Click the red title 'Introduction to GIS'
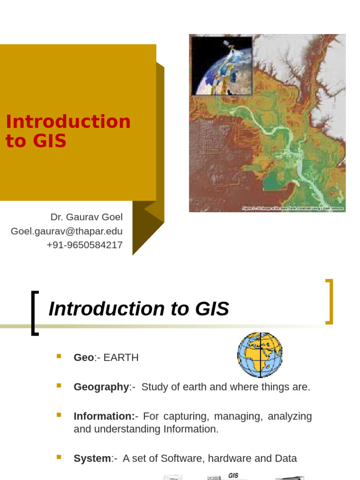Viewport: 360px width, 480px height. pyautogui.click(x=68, y=131)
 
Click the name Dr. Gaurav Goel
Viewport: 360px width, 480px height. pyautogui.click(x=86, y=217)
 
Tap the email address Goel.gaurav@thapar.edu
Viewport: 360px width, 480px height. pyautogui.click(x=67, y=231)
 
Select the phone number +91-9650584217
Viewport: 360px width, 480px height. pyautogui.click(x=84, y=245)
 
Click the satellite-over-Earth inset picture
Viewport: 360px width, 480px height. pyautogui.click(x=222, y=66)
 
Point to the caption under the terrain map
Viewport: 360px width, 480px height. pyautogui.click(x=292, y=208)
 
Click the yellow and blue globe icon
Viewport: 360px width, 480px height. pyautogui.click(x=260, y=355)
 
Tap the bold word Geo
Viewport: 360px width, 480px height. pyautogui.click(x=83, y=358)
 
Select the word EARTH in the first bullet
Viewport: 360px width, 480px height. pyautogui.click(x=121, y=358)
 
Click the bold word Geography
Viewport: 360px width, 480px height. pyautogui.click(x=101, y=387)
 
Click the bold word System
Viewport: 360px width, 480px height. pyautogui.click(x=92, y=458)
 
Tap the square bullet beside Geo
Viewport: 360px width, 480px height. pyautogui.click(x=59, y=356)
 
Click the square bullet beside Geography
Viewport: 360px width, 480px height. pyautogui.click(x=59, y=386)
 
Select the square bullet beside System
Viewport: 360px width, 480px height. pyautogui.click(x=59, y=457)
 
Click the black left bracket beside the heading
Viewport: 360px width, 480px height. pyautogui.click(x=34, y=313)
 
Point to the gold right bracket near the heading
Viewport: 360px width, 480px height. pyautogui.click(x=329, y=301)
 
